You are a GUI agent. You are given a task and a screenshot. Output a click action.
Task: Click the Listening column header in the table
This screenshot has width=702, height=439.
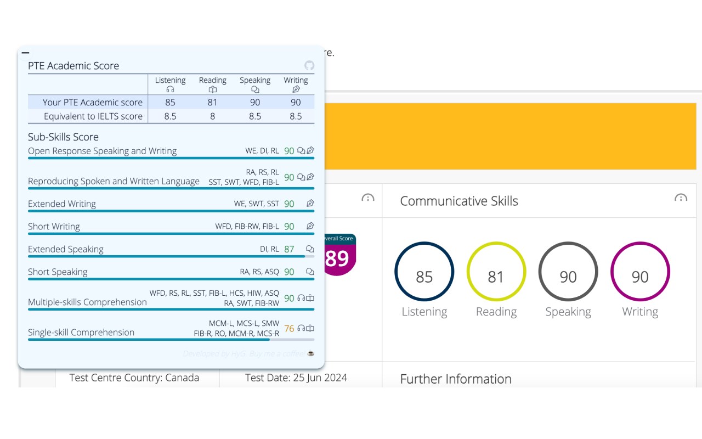[x=170, y=84]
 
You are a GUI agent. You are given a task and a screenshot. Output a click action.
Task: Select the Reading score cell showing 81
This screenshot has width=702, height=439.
[x=212, y=102]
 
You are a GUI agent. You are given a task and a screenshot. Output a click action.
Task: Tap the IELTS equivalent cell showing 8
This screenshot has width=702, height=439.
[x=212, y=116]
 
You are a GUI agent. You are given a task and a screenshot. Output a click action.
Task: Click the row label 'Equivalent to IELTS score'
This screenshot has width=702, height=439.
[x=93, y=116]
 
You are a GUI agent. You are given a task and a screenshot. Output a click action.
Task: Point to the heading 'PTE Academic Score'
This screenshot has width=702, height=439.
[x=73, y=66]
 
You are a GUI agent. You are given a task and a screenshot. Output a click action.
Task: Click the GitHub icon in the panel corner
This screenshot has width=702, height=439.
[x=309, y=66]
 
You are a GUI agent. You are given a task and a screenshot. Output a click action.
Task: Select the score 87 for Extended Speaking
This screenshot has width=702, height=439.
[x=289, y=249]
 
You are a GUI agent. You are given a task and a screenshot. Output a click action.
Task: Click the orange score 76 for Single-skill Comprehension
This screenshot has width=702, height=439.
[x=289, y=329]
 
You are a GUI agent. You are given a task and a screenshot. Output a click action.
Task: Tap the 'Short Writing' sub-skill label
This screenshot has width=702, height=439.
[x=54, y=227]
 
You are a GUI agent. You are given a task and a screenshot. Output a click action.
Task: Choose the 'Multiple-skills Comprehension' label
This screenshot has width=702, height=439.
[x=87, y=302]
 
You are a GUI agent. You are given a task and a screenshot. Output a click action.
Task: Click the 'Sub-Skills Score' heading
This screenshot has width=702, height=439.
[x=63, y=137]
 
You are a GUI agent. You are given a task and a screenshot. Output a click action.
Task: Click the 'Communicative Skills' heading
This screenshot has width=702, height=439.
[x=459, y=201]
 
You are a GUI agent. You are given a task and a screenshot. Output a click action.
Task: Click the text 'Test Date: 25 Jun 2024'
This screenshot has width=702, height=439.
[x=296, y=378]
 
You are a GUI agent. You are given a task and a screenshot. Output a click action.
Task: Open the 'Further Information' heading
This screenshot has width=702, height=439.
[x=456, y=379]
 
